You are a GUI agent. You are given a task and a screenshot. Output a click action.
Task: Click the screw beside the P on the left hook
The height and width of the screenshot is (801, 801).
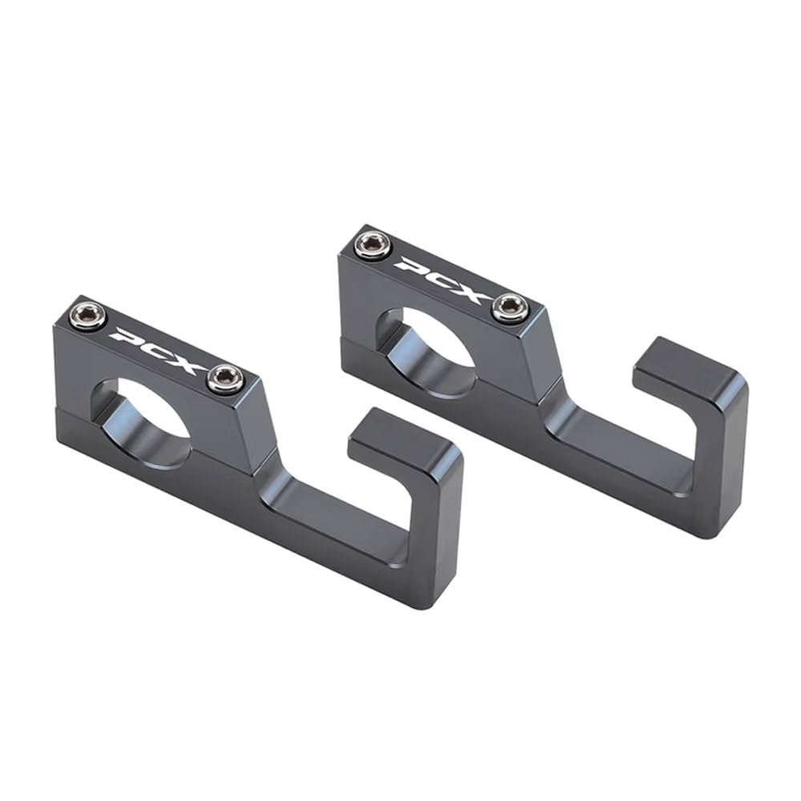[88, 317]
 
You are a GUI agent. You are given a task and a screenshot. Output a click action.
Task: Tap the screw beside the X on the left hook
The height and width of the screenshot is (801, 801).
[225, 377]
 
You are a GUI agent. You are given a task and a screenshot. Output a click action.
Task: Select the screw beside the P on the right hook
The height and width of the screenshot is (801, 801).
[373, 244]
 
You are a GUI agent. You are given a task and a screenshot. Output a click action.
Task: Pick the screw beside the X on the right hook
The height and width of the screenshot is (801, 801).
[510, 308]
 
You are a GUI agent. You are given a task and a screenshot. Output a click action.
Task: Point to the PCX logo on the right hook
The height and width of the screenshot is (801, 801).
[442, 277]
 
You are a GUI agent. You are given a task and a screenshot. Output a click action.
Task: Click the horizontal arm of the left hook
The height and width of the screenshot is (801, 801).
[336, 513]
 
